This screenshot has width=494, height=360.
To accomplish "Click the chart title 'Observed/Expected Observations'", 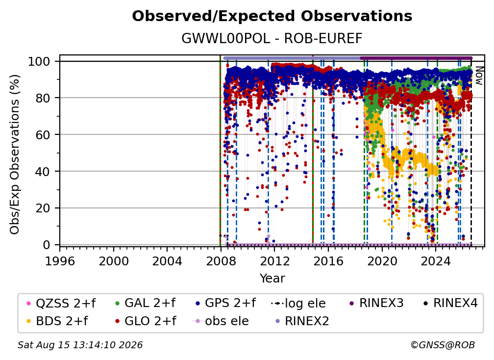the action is coord(272,16).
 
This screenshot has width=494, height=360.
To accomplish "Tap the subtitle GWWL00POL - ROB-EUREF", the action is coord(272,38).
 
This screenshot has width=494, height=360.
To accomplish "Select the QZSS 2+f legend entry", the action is coord(61,303).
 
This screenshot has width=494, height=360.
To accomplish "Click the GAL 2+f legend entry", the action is coord(145,303).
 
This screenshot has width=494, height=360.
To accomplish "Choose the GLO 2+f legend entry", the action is coord(146,321).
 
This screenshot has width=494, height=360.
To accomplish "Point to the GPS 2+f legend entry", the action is coord(225,303).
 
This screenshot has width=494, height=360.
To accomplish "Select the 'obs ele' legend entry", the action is coord(220,321).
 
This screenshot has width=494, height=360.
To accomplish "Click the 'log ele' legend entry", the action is coord(298,303).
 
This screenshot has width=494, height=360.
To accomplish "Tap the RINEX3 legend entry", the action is coord(376,303).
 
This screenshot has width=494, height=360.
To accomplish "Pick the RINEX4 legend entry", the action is coord(450,303).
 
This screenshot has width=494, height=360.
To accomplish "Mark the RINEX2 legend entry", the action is coord(302,321).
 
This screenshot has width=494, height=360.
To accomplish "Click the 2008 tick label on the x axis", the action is coord(221,261).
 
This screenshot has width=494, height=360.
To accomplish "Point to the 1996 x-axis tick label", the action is coord(60,261).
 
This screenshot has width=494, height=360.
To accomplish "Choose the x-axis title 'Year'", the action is coord(272,279).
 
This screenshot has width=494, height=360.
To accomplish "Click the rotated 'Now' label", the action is coord(479,76).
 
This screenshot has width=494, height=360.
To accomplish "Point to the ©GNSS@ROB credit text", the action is coord(443,345).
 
